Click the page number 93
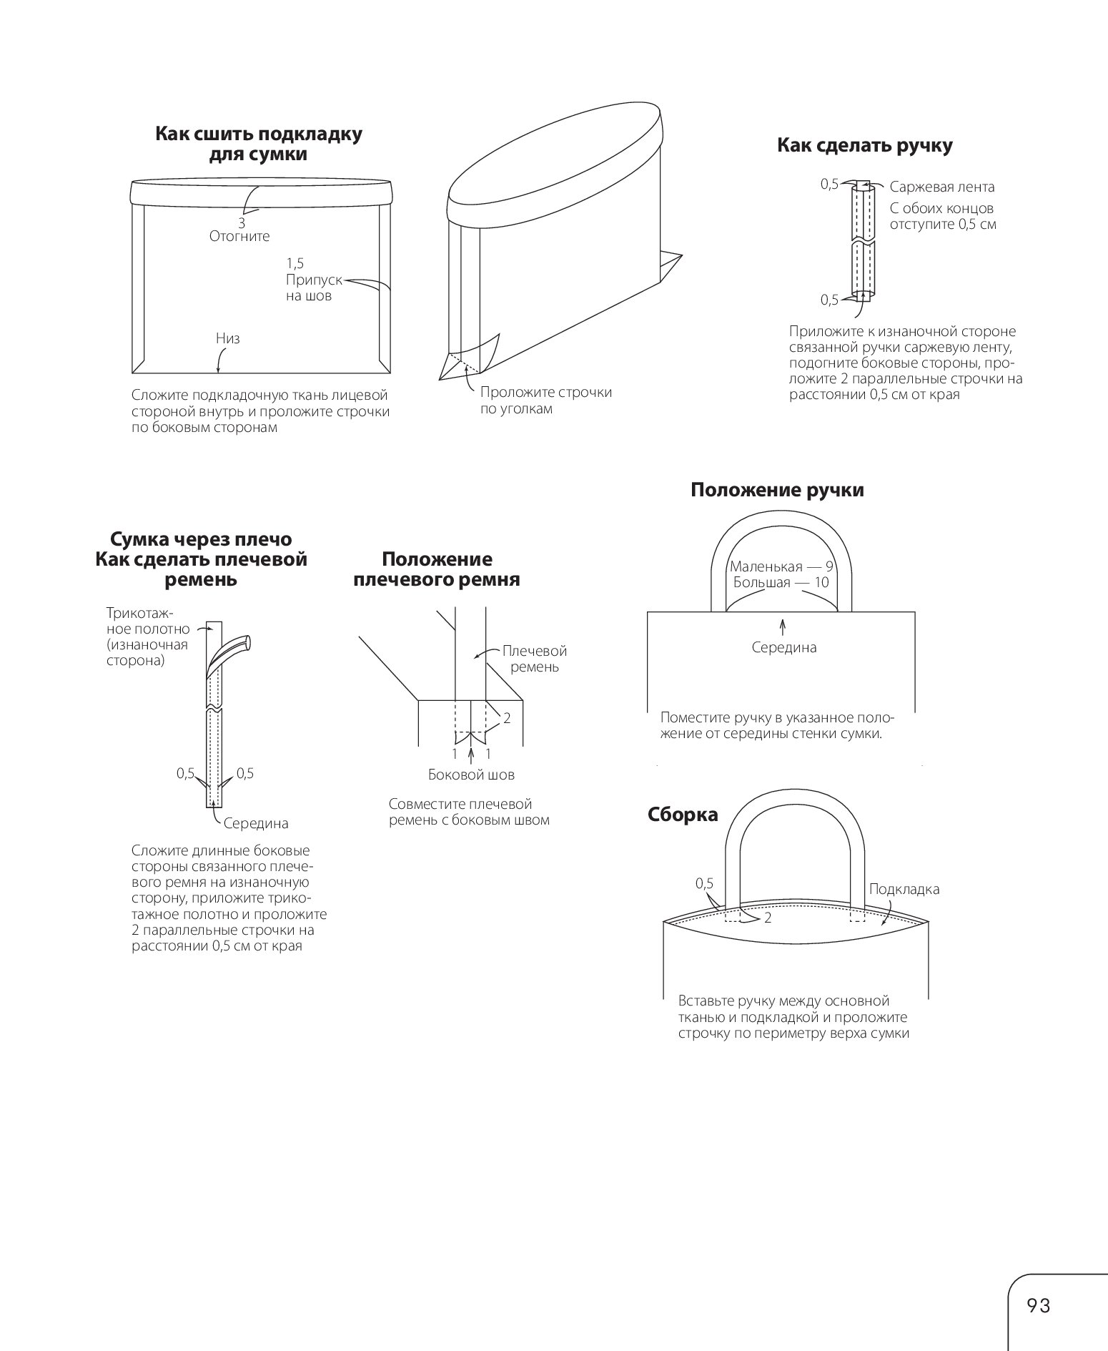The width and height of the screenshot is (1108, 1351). point(1038,1306)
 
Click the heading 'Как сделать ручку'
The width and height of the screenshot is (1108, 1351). point(864,146)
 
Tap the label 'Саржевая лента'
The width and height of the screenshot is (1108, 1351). point(941,187)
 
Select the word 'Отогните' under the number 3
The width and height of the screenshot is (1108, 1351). point(239,236)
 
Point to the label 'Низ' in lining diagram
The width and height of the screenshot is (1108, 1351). point(228,338)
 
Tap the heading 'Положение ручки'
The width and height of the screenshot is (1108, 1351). point(777,490)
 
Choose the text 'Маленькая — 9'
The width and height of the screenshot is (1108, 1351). point(781,567)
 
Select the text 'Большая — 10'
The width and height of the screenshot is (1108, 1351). point(781,583)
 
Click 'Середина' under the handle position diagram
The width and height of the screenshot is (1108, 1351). point(784,648)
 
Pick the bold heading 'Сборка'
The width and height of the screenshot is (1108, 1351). point(683,815)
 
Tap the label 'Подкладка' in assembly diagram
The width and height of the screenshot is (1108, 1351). point(904,890)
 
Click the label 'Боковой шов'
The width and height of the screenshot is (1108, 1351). point(471,775)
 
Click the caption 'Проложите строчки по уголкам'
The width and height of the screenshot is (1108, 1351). point(545,401)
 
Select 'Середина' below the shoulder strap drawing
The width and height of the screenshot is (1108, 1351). point(256,823)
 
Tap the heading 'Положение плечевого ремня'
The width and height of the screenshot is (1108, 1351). point(437,569)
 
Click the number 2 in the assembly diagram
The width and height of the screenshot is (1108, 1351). point(768,918)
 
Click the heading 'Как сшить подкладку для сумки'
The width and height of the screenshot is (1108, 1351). point(258,144)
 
